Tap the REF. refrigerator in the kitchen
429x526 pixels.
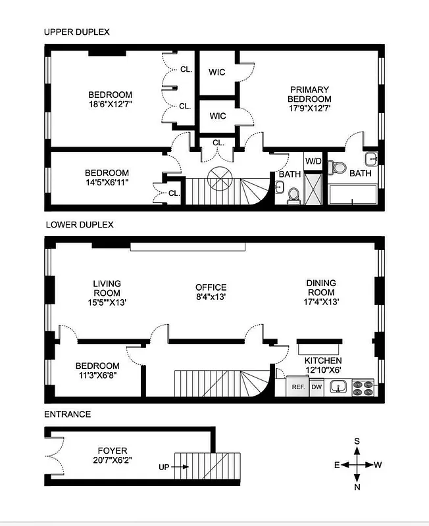click(297, 387)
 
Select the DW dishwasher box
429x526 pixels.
click(316, 387)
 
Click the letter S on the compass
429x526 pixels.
click(357, 441)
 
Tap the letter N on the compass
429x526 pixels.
click(357, 487)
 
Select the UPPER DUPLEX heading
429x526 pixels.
click(76, 32)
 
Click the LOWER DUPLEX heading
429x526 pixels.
click(79, 224)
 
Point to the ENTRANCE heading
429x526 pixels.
click(67, 414)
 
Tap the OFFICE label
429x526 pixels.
click(211, 287)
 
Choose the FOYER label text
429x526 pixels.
click(111, 451)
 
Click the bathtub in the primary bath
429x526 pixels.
click(351, 196)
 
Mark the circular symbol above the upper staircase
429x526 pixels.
click(218, 178)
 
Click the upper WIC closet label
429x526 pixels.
click(218, 72)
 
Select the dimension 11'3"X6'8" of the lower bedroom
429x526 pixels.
click(97, 376)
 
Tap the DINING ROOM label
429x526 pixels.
click(321, 288)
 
